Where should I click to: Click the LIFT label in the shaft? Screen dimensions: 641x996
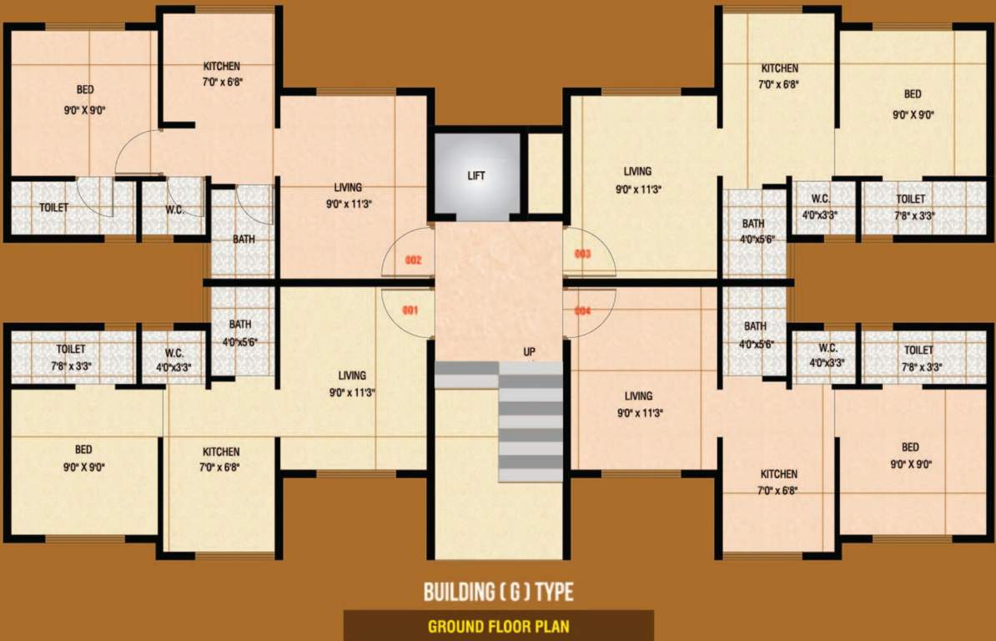[x=476, y=176]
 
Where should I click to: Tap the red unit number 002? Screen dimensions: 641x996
[x=413, y=260]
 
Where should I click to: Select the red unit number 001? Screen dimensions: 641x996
[x=410, y=310]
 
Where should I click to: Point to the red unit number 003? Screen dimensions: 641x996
[x=582, y=254]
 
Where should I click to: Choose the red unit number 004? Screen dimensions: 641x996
[x=582, y=311]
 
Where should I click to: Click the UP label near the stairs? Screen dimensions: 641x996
[x=529, y=351]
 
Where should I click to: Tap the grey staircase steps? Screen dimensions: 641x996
[x=531, y=426]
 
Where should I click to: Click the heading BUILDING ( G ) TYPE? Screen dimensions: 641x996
[x=498, y=593]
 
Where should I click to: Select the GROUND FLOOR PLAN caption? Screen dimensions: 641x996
[x=498, y=626]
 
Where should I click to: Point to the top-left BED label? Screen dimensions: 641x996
[x=85, y=89]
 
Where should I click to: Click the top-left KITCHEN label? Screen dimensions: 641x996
[x=222, y=66]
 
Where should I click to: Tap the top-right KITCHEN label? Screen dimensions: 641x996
[x=779, y=68]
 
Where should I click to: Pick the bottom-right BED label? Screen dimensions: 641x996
[x=910, y=447]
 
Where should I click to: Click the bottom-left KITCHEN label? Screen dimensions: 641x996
[x=221, y=452]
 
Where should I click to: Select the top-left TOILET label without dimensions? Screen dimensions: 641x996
[x=54, y=207]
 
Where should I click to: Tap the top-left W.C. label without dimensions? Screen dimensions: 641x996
[x=175, y=209]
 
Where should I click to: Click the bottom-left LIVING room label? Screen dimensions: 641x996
[x=352, y=376]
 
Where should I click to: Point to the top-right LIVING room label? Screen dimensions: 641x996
[x=637, y=172]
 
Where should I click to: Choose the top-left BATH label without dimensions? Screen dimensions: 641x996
[x=244, y=240]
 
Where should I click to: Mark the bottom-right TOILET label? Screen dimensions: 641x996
[x=918, y=351]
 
